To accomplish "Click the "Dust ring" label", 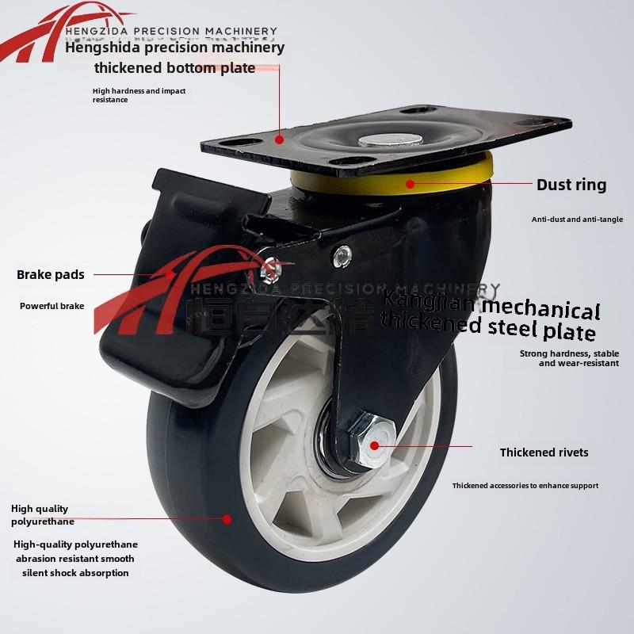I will tap(571, 185).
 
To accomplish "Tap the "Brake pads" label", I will tap(50, 275).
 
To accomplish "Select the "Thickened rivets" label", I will tap(544, 453).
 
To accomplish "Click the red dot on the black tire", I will tap(227, 519).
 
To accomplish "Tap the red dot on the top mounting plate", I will tap(280, 139).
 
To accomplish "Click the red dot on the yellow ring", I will tap(410, 184).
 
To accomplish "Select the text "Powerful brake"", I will tap(52, 306).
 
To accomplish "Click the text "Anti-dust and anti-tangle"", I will tap(577, 220).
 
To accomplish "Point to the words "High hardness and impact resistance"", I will tap(139, 95).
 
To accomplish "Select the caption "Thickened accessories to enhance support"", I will tap(525, 486).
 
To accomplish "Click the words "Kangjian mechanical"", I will tap(491, 305).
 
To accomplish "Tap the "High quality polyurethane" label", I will tap(42, 515).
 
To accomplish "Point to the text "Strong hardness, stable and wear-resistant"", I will tap(569, 358).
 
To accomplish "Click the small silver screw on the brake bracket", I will tap(342, 256).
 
